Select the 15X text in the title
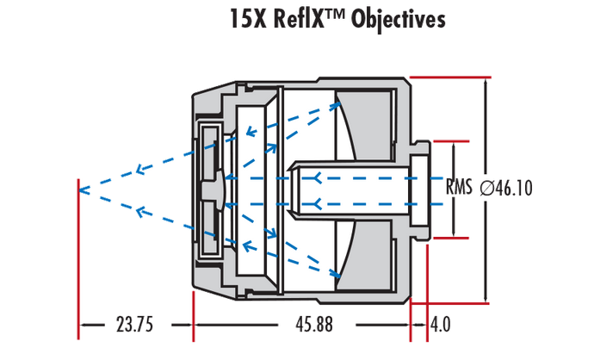250,19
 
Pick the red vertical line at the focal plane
79,258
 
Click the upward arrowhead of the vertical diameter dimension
487,81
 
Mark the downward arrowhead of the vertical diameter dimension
487,298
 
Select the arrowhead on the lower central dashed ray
319,204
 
